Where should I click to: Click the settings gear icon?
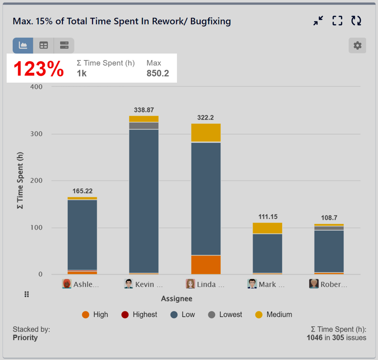pyautogui.click(x=357, y=46)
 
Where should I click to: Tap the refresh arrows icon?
pyautogui.click(x=356, y=21)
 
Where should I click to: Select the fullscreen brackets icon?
pyautogui.click(x=337, y=21)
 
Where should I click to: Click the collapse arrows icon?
pyautogui.click(x=318, y=21)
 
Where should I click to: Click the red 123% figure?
pyautogui.click(x=39, y=69)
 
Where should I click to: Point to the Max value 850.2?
pyautogui.click(x=158, y=73)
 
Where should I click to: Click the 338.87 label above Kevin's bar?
pyautogui.click(x=144, y=110)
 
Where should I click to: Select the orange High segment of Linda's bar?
pyautogui.click(x=206, y=264)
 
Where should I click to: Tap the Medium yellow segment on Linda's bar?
pyautogui.click(x=206, y=133)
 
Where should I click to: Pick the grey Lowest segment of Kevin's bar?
pyautogui.click(x=144, y=125)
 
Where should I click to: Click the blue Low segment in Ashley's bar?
pyautogui.click(x=82, y=235)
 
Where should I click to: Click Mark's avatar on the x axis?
pyautogui.click(x=252, y=284)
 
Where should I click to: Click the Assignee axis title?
pyautogui.click(x=177, y=299)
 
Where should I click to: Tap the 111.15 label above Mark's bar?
pyautogui.click(x=268, y=217)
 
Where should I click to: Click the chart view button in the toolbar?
pyautogui.click(x=23, y=46)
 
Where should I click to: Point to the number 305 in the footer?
pyautogui.click(x=338, y=338)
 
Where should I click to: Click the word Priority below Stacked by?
pyautogui.click(x=25, y=338)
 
